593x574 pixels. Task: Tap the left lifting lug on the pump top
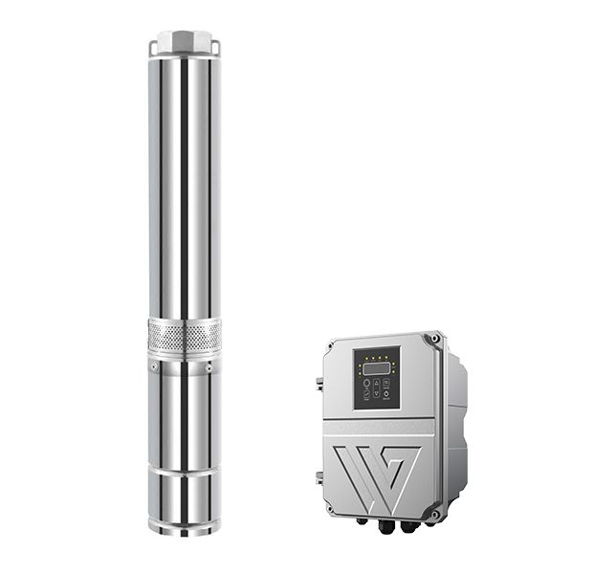click(x=153, y=46)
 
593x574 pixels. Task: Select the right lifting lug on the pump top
click(x=216, y=46)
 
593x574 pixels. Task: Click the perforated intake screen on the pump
click(x=185, y=335)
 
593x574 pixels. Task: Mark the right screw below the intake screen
click(x=210, y=364)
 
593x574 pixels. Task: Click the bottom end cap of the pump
click(x=185, y=521)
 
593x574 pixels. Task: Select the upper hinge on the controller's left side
click(x=319, y=385)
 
